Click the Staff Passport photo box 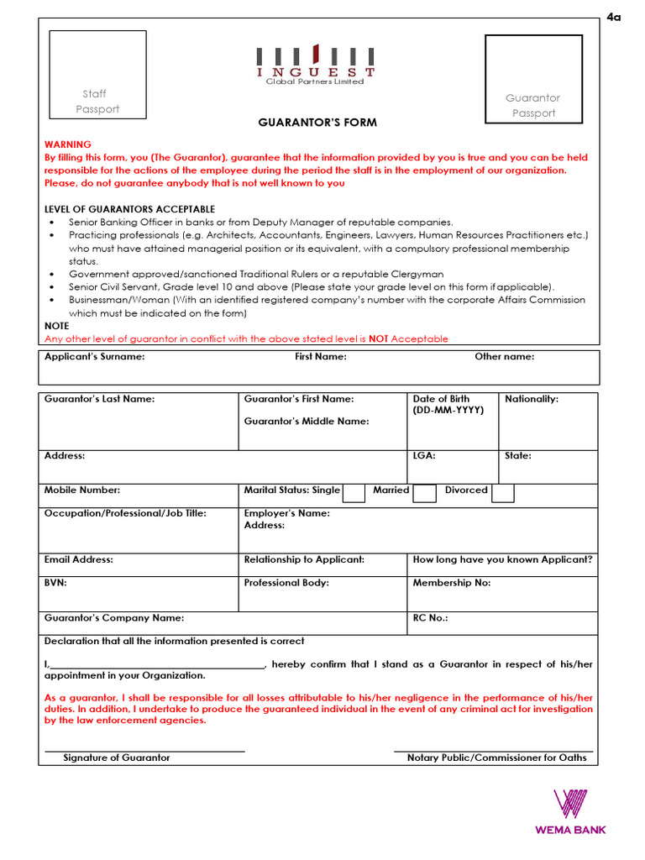[x=97, y=74]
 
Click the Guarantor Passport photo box [x=533, y=78]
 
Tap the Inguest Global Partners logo [x=315, y=65]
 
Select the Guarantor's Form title [x=317, y=123]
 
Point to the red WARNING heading [x=68, y=144]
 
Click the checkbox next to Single [x=354, y=492]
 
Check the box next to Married [x=425, y=492]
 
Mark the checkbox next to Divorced [x=502, y=492]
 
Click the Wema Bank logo [x=570, y=812]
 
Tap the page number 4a [x=613, y=18]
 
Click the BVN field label [x=55, y=582]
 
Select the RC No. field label [x=430, y=618]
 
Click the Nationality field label [x=531, y=399]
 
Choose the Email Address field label [x=78, y=559]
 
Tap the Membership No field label [x=452, y=582]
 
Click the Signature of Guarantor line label [x=117, y=758]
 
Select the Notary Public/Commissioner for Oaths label [x=496, y=758]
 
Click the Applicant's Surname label [x=94, y=357]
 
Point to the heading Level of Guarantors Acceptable [x=129, y=209]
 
